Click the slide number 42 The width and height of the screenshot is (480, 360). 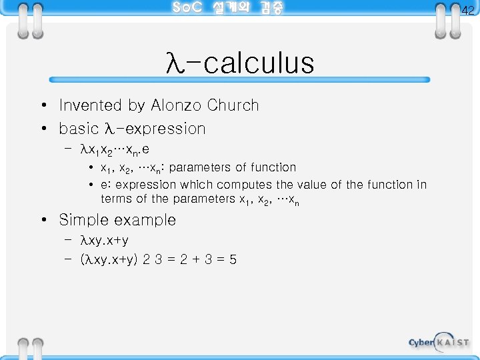point(467,10)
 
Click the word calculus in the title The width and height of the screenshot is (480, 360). point(259,63)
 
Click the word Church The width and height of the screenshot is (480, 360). point(233,105)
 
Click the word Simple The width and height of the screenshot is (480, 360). point(84,220)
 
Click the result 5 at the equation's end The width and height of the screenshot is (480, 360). point(233,259)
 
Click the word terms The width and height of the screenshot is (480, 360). point(117,199)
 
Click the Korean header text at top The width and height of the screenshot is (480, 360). point(227,8)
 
